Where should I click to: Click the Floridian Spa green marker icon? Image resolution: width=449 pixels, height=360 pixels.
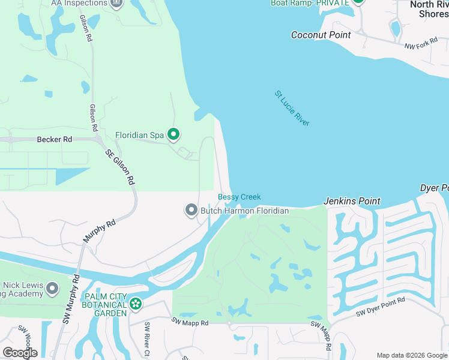tap(173, 134)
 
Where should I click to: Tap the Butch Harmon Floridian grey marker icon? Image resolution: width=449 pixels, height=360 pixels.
tap(191, 210)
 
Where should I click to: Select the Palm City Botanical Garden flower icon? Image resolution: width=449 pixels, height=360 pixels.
tap(136, 304)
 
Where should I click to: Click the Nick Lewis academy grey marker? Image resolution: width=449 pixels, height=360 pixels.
tap(52, 289)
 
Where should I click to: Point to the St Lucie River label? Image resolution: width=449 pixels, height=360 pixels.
tap(292, 108)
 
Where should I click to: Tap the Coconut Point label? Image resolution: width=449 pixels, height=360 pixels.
tap(321, 35)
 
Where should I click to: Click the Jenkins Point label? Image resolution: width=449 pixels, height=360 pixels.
tap(352, 201)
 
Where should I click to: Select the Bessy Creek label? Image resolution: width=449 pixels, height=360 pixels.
tap(239, 197)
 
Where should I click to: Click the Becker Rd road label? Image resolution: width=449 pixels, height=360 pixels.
tap(54, 139)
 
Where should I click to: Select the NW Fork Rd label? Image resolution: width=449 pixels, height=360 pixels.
tap(421, 46)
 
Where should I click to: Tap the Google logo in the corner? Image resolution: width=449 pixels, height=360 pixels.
tap(20, 353)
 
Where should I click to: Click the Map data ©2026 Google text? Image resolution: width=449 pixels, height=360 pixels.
tap(412, 355)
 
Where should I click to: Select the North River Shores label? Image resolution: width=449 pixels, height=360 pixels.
tap(429, 9)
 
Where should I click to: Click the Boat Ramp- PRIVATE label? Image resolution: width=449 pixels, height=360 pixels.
tap(310, 2)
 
